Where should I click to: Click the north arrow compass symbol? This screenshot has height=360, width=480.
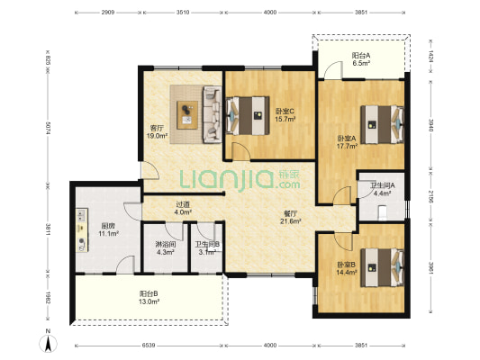[48, 341]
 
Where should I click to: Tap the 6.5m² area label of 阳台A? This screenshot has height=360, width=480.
[361, 63]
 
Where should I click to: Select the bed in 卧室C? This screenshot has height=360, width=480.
[248, 115]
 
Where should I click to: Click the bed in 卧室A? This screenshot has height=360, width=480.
[382, 124]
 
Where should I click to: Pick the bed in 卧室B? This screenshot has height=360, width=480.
[382, 267]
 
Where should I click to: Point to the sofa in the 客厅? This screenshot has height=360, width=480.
[212, 114]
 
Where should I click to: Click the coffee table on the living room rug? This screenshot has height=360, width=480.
[187, 115]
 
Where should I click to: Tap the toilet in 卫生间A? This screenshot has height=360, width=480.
[383, 212]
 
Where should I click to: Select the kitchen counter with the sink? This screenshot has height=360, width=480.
[82, 230]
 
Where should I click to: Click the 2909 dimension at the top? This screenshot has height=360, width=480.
[108, 13]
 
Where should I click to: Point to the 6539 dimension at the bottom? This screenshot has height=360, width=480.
[149, 346]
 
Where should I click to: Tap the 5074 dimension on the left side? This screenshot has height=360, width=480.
[48, 129]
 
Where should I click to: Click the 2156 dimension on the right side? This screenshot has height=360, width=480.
[430, 196]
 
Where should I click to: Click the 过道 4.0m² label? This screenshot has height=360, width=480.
[183, 208]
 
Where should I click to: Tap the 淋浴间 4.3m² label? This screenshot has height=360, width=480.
[166, 248]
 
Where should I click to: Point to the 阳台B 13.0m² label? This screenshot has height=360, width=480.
[149, 298]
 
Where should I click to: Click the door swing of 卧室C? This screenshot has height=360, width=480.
[241, 151]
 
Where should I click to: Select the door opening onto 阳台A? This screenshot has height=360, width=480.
[333, 70]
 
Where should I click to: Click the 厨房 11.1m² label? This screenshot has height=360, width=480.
[108, 229]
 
